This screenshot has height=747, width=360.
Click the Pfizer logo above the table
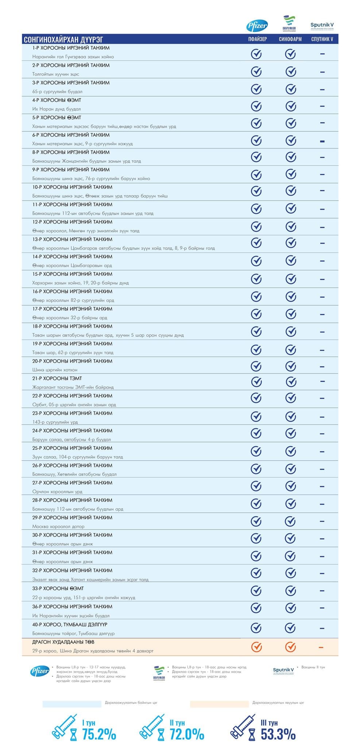(257, 26)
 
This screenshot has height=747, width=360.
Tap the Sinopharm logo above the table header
(290, 24)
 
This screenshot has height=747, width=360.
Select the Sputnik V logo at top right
(322, 26)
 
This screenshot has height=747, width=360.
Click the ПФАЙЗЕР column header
(257, 39)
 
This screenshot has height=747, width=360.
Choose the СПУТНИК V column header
(322, 39)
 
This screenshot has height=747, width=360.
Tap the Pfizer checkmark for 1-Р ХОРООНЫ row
(256, 54)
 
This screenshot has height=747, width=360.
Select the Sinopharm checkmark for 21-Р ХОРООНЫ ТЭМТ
(291, 382)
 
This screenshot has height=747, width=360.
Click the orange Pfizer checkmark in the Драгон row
(256, 647)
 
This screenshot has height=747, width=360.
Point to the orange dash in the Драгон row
(321, 647)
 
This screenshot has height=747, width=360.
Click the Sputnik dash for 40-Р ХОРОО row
(322, 628)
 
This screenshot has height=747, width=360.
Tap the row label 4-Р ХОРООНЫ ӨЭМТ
(57, 100)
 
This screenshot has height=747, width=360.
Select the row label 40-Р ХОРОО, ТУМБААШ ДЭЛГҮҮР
(70, 624)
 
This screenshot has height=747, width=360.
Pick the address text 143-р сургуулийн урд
(55, 422)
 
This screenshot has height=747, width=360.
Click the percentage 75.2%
(99, 734)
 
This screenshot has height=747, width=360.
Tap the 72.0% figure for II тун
(187, 734)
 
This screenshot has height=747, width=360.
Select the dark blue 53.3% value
(278, 734)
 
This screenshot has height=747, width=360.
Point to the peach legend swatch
(219, 704)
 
